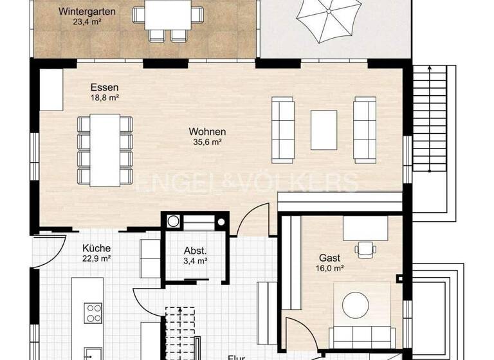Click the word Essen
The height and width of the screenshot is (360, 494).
(104, 87)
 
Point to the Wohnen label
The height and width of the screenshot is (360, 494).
(207, 132)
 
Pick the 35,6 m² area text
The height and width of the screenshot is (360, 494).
(207, 143)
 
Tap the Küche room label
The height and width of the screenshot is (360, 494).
(97, 248)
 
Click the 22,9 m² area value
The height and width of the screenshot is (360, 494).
(97, 258)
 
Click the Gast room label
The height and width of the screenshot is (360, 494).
(329, 258)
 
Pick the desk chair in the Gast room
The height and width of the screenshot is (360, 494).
(365, 247)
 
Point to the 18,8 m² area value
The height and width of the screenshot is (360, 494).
(104, 98)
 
